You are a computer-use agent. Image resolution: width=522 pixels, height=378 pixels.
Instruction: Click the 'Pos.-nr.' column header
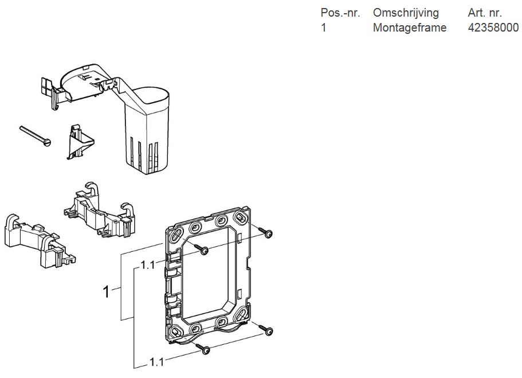pos(340,13)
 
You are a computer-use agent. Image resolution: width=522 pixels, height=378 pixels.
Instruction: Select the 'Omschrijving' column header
pos(406,13)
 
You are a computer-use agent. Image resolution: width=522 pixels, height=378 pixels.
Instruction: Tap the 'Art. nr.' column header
pos(485,13)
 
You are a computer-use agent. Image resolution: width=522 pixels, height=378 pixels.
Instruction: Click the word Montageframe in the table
pos(410,28)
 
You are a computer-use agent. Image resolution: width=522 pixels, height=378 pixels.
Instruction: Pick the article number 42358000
pos(493,28)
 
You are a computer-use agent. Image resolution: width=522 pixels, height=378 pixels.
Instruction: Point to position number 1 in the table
pos(324,28)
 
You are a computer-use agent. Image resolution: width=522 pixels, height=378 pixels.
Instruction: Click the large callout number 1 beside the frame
pos(106,291)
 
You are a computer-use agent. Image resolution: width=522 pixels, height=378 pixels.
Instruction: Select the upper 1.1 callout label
pos(148,265)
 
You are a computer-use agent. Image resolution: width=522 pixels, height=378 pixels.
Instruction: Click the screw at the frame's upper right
pos(265,232)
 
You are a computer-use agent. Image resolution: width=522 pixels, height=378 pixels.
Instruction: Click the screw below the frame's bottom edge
pos(203,348)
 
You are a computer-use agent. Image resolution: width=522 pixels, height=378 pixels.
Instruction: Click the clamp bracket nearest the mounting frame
pos(99,210)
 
